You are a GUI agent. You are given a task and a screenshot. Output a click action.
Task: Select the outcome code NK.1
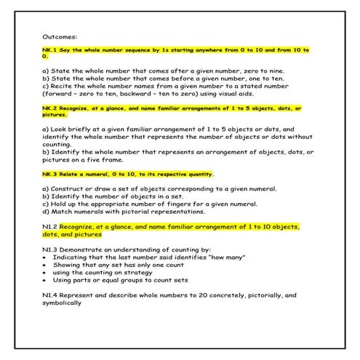coord(50,49)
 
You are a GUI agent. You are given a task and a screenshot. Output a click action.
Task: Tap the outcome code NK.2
coord(50,108)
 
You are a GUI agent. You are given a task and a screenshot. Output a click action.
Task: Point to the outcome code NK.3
coord(50,175)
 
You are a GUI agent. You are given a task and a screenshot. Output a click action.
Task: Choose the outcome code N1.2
coord(50,226)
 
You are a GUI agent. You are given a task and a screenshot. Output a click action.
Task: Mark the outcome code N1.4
coord(50,295)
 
